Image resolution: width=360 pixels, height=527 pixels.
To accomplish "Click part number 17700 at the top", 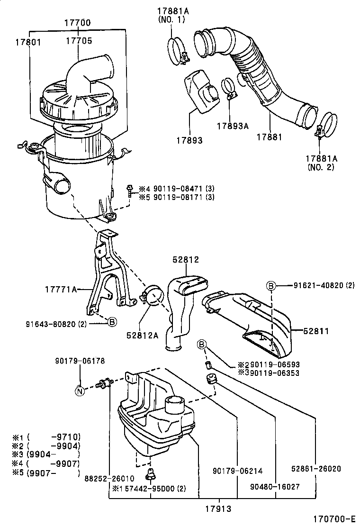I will click(x=78, y=23).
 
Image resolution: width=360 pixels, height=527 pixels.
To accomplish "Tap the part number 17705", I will click(x=79, y=41).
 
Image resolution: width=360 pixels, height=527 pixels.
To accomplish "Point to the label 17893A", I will click(x=233, y=126).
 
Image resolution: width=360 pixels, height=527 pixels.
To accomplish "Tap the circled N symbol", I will click(x=80, y=391).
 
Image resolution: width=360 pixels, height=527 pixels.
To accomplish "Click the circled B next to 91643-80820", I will click(x=112, y=322).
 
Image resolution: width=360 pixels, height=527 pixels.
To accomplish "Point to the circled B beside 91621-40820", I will click(x=270, y=285).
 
